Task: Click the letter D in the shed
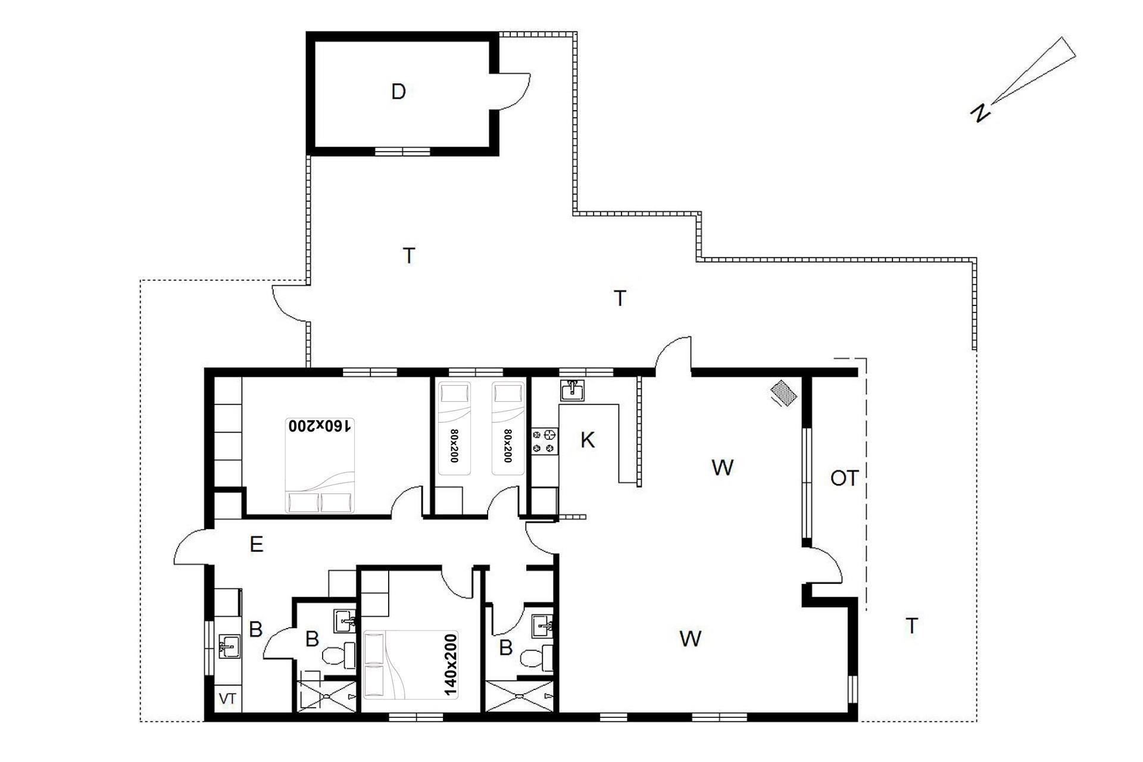coord(398,92)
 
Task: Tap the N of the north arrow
coord(979,113)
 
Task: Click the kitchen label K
coord(587,441)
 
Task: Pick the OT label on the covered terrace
coord(844,478)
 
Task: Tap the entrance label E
coord(257,544)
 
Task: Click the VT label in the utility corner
coord(227,699)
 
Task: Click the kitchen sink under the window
coord(573,390)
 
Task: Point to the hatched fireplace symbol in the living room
coord(784,394)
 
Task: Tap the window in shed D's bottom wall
coord(402,151)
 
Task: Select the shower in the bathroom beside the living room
coord(520,696)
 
